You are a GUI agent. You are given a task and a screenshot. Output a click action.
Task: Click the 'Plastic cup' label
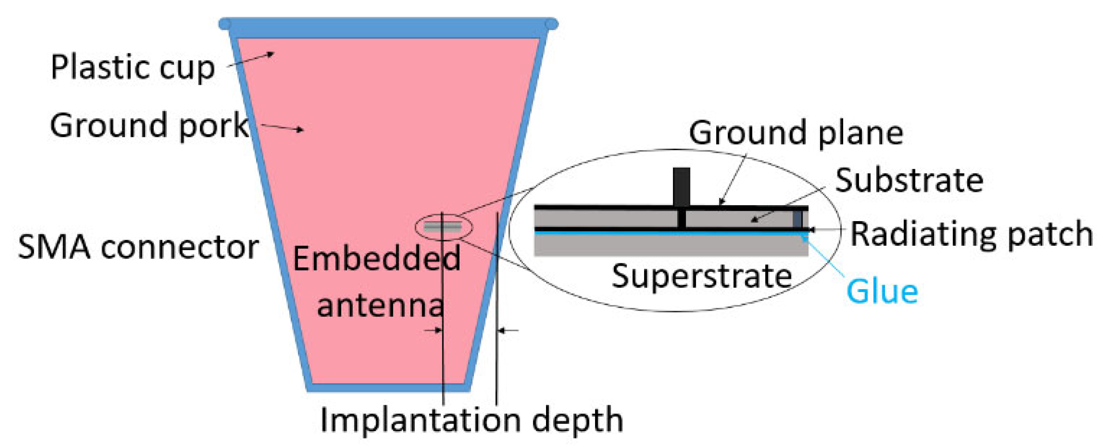click(133, 67)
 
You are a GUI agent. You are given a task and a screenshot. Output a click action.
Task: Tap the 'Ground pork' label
click(150, 125)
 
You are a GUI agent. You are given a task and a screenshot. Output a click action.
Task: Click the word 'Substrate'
click(909, 180)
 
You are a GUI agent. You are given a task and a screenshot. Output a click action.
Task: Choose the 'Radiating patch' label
click(971, 234)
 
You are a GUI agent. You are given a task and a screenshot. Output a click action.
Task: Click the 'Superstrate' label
click(702, 276)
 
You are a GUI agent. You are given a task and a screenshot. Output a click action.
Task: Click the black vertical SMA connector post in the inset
click(681, 187)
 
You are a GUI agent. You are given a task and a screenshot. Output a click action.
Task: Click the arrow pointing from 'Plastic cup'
click(250, 60)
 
